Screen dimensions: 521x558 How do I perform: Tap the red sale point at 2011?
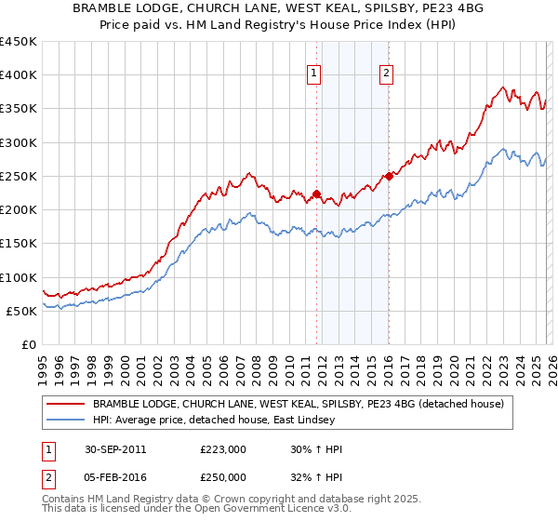pos(317,194)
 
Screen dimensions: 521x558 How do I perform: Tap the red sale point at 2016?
pos(389,176)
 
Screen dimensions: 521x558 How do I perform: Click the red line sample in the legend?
pos(66,404)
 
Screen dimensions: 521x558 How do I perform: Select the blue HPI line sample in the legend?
pos(66,421)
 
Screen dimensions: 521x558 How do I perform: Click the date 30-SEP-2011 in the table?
pos(114,448)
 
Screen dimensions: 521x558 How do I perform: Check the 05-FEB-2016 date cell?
pos(114,476)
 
